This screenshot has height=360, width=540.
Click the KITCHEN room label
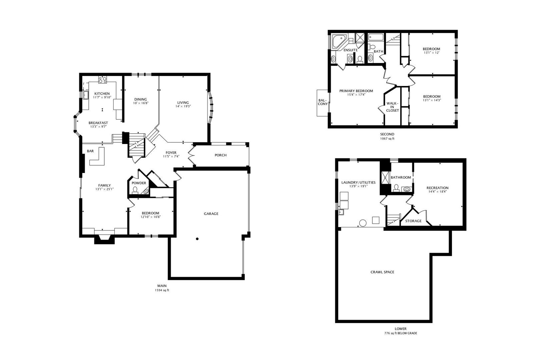[102, 93]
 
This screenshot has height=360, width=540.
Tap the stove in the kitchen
[102, 80]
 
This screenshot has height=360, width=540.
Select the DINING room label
[141, 99]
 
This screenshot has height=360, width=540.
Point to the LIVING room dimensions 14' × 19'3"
[183, 106]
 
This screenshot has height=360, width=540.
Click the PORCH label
[220, 155]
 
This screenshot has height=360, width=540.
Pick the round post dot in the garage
[197, 239]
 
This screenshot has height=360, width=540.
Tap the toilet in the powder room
[135, 190]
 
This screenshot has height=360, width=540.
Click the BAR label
[90, 151]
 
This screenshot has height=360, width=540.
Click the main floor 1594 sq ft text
[162, 290]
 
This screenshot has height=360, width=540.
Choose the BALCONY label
[322, 102]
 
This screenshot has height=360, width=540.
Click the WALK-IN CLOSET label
[392, 107]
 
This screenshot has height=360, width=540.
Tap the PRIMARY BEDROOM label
[356, 91]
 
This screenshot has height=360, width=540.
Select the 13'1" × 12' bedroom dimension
[432, 53]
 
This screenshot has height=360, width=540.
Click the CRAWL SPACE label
[382, 272]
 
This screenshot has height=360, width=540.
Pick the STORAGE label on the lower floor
[413, 221]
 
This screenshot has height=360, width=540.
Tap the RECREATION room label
[437, 188]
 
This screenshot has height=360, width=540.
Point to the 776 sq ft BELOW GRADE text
[400, 333]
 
